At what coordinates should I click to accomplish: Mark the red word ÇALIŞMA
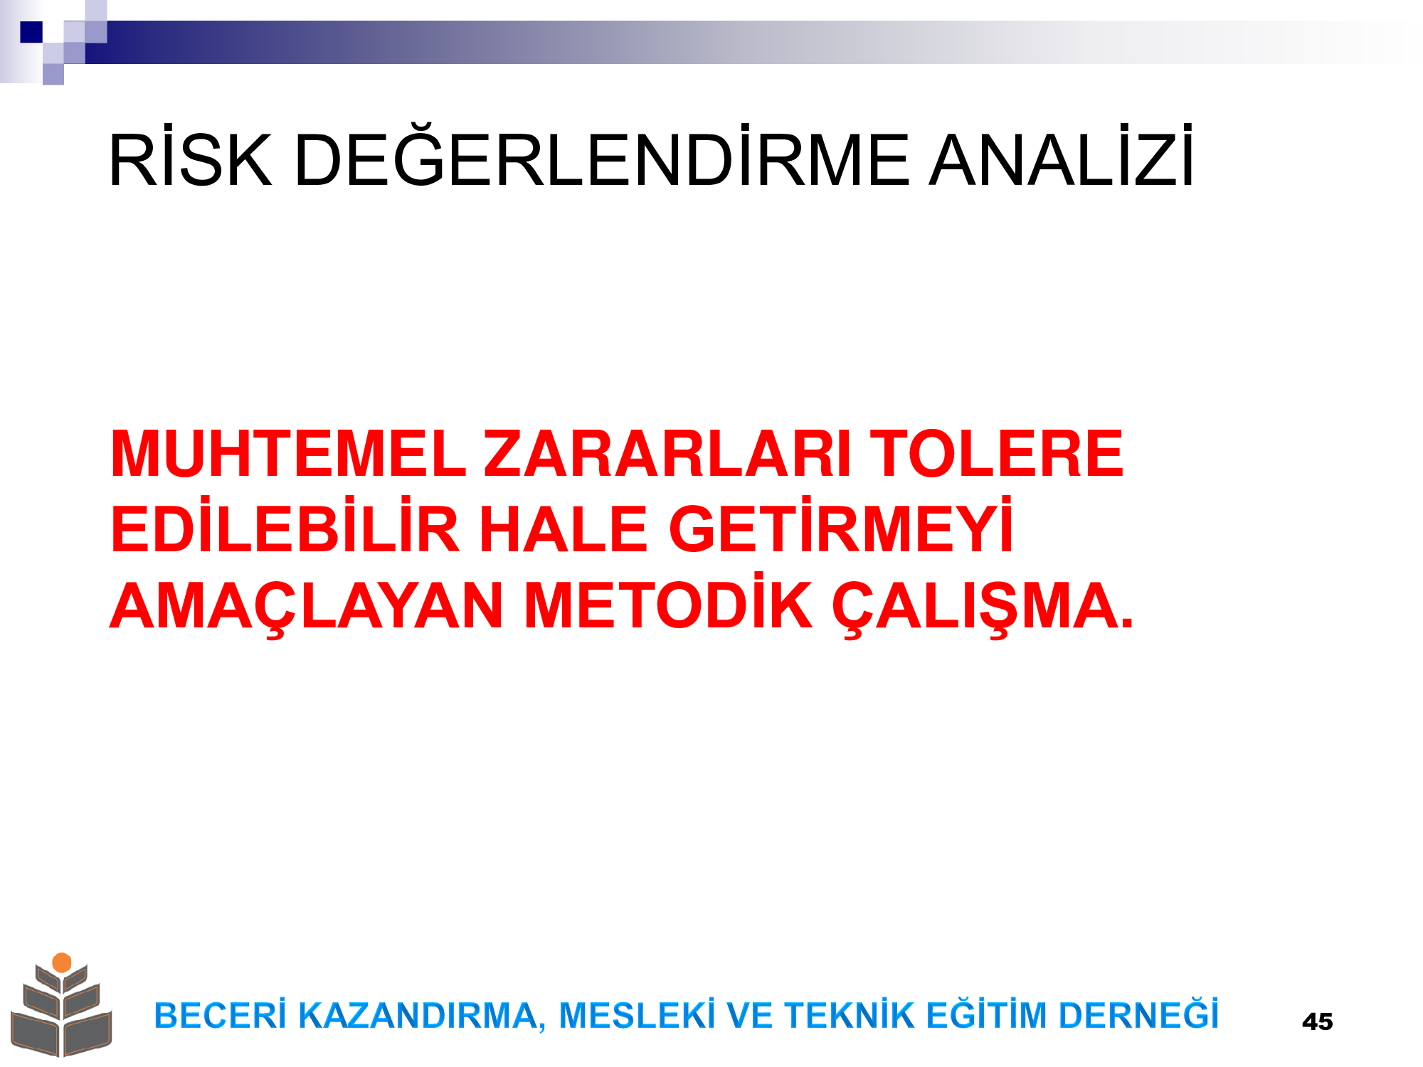click(x=983, y=606)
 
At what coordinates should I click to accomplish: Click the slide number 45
click(x=1317, y=1021)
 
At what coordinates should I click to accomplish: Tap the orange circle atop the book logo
click(x=62, y=962)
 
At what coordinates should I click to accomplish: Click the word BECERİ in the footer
click(x=220, y=1014)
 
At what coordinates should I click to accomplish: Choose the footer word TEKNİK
click(x=849, y=1014)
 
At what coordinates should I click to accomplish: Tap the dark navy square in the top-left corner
click(x=31, y=32)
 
